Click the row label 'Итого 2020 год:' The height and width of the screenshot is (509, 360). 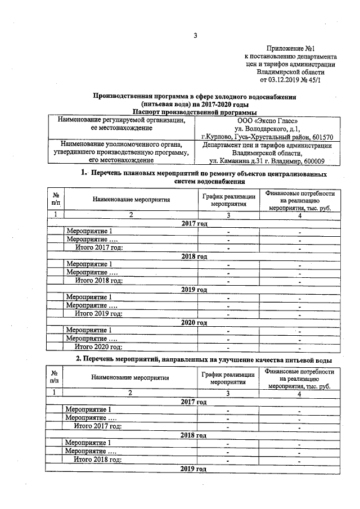click(x=99, y=347)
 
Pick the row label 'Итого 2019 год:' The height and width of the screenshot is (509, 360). click(x=99, y=314)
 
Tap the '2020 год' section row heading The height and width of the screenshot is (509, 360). click(x=195, y=322)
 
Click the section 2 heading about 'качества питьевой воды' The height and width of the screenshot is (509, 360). click(x=204, y=359)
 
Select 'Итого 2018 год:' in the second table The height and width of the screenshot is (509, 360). click(x=98, y=460)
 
